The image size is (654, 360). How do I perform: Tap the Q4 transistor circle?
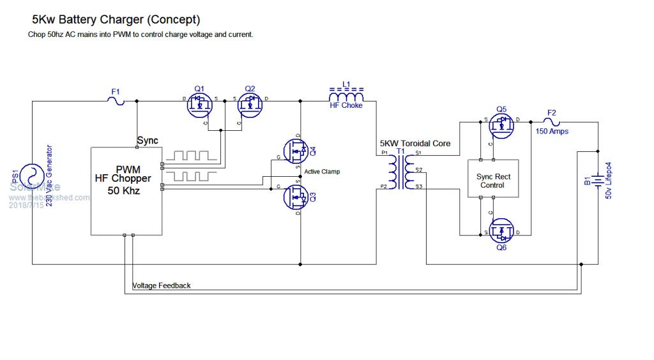296,152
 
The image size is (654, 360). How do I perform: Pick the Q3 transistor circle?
296,197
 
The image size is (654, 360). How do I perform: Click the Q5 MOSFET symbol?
503,124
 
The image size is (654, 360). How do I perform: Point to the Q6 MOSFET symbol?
503,231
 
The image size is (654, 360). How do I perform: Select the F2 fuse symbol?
552,121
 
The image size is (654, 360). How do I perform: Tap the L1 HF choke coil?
346,96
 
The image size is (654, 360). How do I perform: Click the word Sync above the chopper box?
148,140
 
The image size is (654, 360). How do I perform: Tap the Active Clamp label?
323,172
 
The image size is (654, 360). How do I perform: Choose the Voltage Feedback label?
161,285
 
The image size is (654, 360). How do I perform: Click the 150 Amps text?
552,131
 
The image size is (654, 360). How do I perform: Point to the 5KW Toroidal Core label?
415,144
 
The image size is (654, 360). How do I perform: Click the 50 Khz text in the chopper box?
123,190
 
